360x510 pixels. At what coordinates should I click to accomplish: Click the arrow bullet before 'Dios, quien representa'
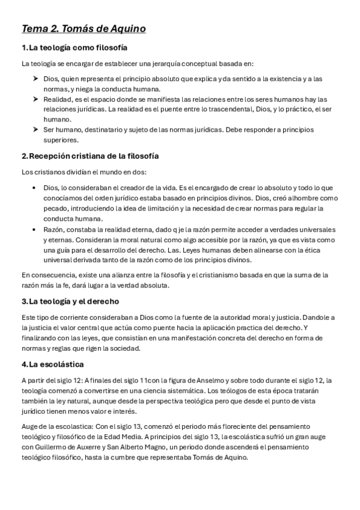35,79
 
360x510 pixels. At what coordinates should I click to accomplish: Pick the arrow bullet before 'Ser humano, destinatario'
35,130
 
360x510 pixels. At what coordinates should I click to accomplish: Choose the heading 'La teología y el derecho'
74,301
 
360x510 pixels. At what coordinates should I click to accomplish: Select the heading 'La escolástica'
56,364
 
